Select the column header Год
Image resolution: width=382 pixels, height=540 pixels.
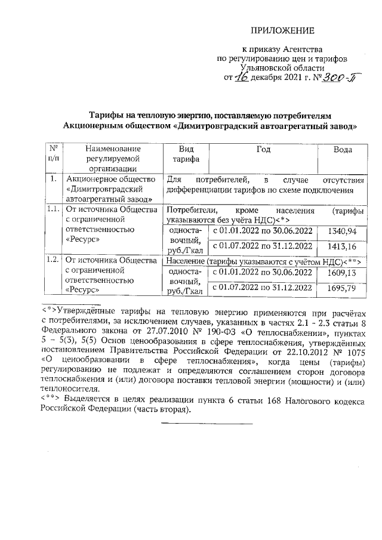[264, 150]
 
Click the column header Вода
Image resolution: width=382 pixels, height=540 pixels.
[347, 150]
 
